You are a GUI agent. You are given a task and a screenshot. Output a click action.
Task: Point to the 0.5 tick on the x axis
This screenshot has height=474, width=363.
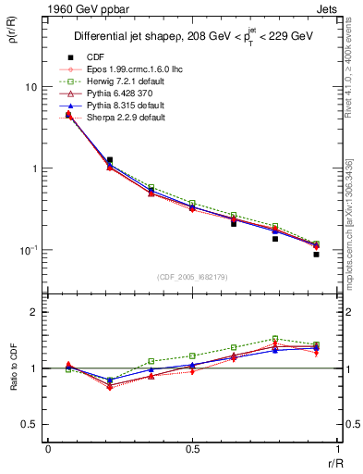point(193,450)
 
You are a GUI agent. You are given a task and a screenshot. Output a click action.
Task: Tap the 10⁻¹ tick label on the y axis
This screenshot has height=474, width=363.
point(28,250)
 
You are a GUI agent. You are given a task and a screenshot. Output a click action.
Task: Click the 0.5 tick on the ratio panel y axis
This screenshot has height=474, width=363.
point(31,425)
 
